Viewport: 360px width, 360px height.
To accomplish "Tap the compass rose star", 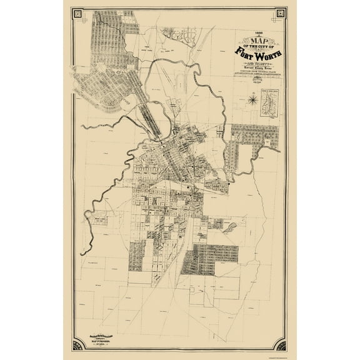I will coord(251,97).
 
